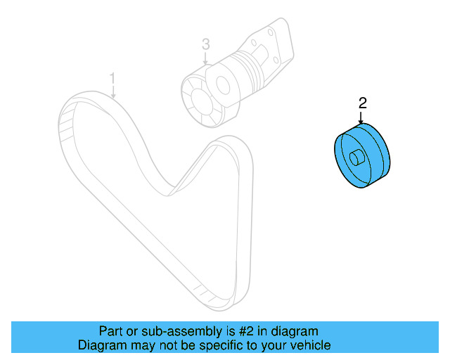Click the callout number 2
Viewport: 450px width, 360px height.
point(362,103)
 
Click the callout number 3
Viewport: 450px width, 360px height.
point(205,44)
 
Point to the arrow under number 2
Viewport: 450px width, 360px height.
point(361,118)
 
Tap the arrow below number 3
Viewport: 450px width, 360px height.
point(205,59)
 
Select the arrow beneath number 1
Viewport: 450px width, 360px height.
point(113,91)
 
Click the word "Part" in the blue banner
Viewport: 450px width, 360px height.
point(112,331)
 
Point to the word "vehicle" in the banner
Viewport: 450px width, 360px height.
point(309,345)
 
